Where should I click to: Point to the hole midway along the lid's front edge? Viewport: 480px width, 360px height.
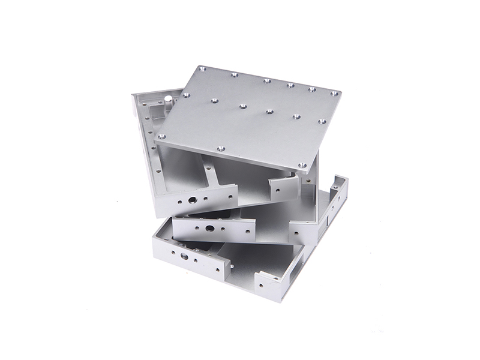click(x=220, y=146)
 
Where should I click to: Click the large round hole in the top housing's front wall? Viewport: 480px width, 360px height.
click(x=191, y=199)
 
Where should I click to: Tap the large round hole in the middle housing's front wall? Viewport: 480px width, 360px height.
click(x=211, y=229)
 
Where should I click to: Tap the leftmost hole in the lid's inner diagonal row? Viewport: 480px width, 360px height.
click(x=211, y=101)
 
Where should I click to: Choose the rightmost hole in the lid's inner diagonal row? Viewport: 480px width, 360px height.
click(x=296, y=116)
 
